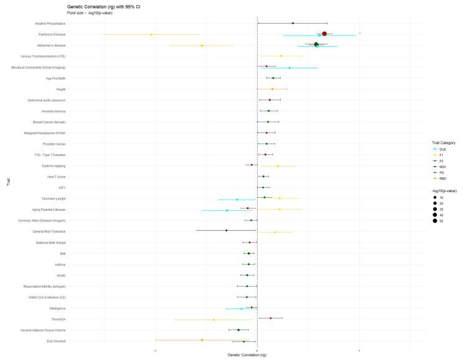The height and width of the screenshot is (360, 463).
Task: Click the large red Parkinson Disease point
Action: click(x=324, y=34)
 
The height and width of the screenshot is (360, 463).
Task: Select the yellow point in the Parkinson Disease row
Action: click(x=151, y=34)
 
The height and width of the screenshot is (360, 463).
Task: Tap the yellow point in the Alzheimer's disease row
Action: click(x=202, y=45)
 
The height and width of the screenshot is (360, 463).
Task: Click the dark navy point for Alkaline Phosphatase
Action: click(x=292, y=23)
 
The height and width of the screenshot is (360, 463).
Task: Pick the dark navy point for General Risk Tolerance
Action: click(x=226, y=231)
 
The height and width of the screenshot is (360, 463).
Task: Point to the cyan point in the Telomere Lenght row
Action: click(x=237, y=200)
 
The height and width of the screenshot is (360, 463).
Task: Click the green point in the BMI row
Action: click(x=249, y=254)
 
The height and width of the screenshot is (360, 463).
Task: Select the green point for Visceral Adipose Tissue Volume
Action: click(x=238, y=330)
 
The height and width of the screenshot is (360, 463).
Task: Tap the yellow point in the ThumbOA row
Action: click(x=213, y=320)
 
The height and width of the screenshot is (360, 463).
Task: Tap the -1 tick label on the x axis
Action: click(x=155, y=350)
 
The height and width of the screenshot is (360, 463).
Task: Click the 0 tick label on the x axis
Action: click(x=258, y=350)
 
